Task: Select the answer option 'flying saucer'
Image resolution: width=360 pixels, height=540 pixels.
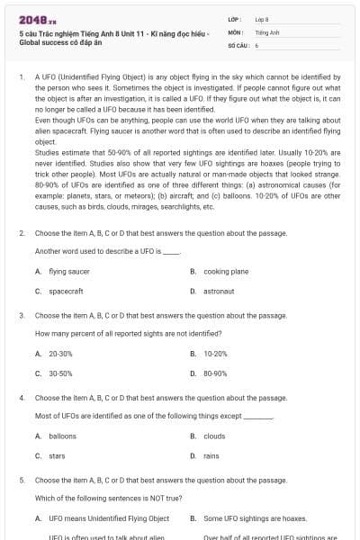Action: click(68, 270)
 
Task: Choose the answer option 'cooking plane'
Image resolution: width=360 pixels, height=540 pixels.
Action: click(226, 270)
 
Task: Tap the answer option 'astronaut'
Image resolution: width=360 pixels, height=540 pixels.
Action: click(219, 291)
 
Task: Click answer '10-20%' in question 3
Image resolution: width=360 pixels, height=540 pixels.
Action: click(215, 353)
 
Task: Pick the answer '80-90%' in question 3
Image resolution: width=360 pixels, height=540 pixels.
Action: click(215, 373)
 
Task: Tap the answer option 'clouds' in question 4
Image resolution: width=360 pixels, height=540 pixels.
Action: click(214, 436)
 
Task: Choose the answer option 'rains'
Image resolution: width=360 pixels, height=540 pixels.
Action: click(211, 456)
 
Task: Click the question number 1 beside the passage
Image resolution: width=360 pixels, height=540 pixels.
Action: click(21, 77)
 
